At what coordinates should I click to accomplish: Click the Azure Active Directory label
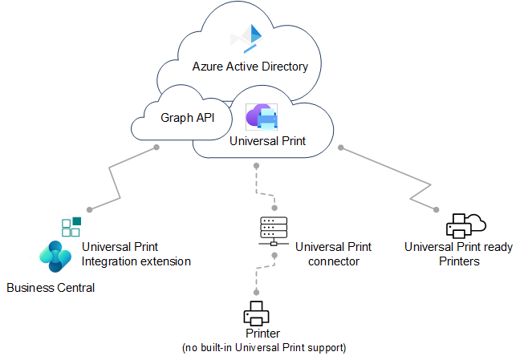coord(250,67)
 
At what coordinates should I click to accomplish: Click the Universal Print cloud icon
coord(262,117)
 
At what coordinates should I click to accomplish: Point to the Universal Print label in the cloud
coord(267,141)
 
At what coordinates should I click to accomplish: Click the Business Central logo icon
coord(55,255)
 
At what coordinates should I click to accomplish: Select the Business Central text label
coord(51,288)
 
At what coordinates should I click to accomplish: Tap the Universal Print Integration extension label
coord(136,254)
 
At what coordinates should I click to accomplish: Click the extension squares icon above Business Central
coord(71,226)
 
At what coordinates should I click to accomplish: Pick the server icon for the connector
coord(274,232)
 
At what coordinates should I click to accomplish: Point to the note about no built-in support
coord(264,347)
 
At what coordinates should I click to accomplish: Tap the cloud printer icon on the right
coord(466,224)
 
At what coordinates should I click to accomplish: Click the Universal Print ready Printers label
coord(458,254)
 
